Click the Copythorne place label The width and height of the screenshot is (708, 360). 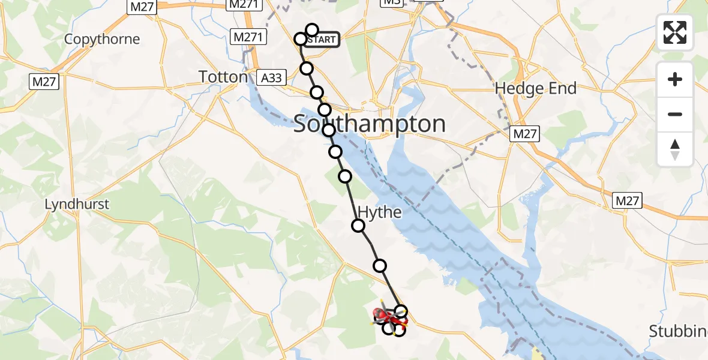pyautogui.click(x=102, y=40)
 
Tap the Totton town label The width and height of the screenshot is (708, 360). pyautogui.click(x=224, y=77)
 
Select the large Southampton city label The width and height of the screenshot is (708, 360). pyautogui.click(x=370, y=124)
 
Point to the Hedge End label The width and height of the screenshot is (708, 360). pyautogui.click(x=535, y=89)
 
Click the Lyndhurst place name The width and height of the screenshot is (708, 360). pyautogui.click(x=77, y=205)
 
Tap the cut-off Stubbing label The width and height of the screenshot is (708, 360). pyautogui.click(x=679, y=331)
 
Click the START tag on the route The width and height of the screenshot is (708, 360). pyautogui.click(x=322, y=40)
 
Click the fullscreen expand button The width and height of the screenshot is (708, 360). pyautogui.click(x=675, y=33)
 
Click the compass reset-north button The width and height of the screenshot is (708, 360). pyautogui.click(x=675, y=149)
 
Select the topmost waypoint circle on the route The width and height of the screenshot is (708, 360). pyautogui.click(x=312, y=29)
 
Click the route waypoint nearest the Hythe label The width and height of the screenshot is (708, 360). pyautogui.click(x=358, y=226)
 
